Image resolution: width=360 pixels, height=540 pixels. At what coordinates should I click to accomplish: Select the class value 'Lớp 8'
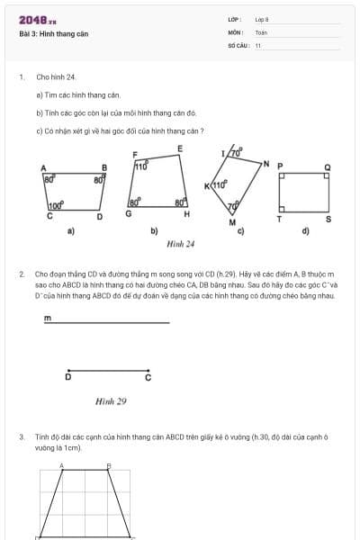pos(262,19)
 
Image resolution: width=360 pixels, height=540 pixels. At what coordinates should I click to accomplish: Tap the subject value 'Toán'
pos(261,31)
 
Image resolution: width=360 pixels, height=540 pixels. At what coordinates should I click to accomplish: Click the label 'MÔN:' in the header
pos(235,31)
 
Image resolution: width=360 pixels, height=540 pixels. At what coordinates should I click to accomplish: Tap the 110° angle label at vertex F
pos(141,166)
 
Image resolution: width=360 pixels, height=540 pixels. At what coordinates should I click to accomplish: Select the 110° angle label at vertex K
pos(219,185)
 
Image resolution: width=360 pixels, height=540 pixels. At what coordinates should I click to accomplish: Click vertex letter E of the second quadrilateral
pos(180,148)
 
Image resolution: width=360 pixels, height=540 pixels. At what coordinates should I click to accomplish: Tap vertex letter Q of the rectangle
pos(328,166)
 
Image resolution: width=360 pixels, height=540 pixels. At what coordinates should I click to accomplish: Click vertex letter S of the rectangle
pos(328,219)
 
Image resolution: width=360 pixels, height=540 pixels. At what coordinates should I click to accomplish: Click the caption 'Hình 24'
pos(181,243)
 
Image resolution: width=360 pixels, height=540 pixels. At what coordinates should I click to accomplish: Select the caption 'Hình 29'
pos(111,401)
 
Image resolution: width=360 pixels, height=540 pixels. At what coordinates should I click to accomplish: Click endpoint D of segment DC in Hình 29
pos(68,377)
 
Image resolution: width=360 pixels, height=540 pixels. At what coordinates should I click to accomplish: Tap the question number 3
pos(21,436)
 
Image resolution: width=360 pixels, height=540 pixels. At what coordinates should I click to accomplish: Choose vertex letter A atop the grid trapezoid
pos(61,465)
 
